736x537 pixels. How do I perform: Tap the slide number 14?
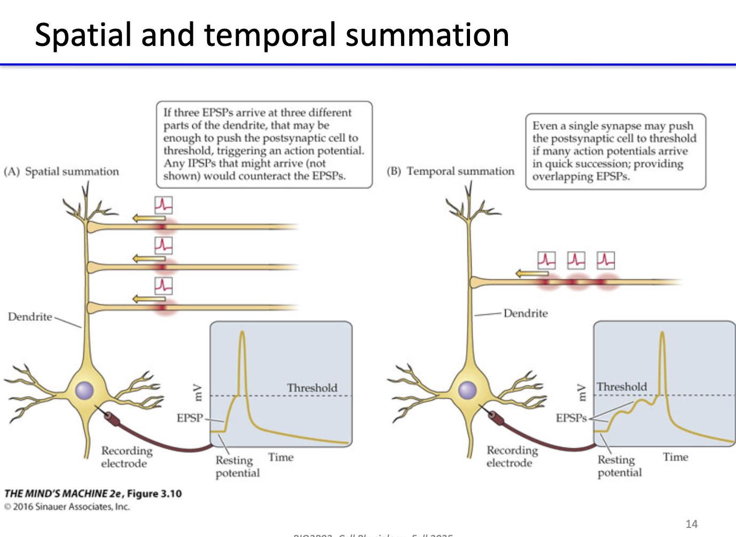pos(691,524)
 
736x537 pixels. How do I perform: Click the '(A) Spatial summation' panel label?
pos(61,171)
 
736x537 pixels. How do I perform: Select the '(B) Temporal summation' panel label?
pos(450,171)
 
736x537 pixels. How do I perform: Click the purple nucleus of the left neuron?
pos(84,390)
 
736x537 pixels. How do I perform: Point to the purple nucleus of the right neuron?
pos(467,390)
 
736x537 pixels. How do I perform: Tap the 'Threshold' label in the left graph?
pos(312,388)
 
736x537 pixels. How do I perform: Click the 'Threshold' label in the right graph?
pos(621,386)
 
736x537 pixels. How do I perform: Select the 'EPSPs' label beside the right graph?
pos(570,418)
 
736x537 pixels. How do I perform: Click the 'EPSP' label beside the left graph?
pos(190,418)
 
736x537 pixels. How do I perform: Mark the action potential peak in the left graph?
pos(242,333)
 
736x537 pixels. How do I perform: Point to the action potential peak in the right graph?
pos(662,334)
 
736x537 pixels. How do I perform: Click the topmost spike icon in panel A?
pos(163,205)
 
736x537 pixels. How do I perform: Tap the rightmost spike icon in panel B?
pos(605,260)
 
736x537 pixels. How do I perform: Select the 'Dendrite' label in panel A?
pos(30,317)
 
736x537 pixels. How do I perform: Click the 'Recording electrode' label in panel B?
pos(512,456)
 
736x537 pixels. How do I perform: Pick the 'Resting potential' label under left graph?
pos(237,466)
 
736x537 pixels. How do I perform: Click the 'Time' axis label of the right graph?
pos(675,457)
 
